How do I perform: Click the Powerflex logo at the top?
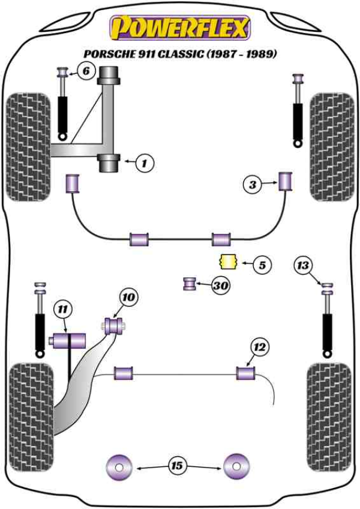point(178,27)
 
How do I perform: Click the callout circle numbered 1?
point(145,161)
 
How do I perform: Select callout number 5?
point(262,264)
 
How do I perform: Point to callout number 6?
point(86,72)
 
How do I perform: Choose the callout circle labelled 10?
point(128,297)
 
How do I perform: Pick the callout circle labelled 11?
point(62,310)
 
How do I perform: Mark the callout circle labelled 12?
point(259,346)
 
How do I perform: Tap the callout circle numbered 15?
point(177,465)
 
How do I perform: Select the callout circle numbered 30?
point(221,286)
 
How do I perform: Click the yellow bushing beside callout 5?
point(227,262)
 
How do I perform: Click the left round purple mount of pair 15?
point(118,465)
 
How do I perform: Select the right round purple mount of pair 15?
point(236,465)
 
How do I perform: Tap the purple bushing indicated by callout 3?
point(286,180)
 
